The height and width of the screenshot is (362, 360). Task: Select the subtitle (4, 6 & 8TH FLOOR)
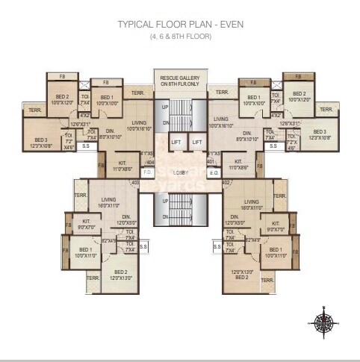[x=180, y=35]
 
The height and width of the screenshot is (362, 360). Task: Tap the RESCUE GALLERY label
[x=180, y=80]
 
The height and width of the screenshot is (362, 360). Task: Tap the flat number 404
[x=150, y=161]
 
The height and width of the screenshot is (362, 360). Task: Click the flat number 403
[x=135, y=181]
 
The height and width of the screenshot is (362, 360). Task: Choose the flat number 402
[x=226, y=181]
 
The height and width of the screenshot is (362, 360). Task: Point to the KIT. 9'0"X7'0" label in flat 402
[x=274, y=225]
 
